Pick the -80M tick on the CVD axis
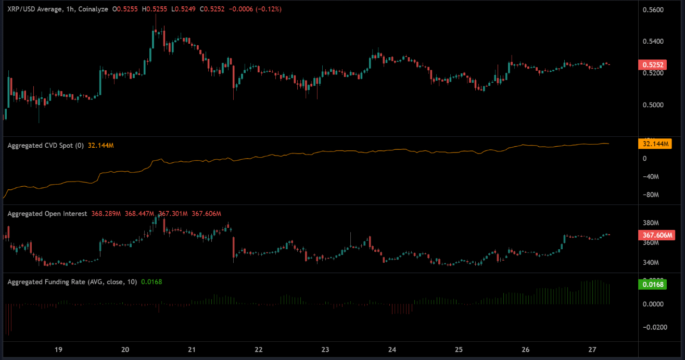point(651,195)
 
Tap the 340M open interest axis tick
point(651,263)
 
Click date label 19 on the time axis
point(58,350)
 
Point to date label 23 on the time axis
point(325,350)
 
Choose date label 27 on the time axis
point(592,350)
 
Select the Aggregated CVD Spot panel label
point(45,146)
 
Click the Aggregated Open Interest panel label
point(47,214)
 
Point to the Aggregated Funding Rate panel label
point(72,282)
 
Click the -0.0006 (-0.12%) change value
point(257,9)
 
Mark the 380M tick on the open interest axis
point(651,223)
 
